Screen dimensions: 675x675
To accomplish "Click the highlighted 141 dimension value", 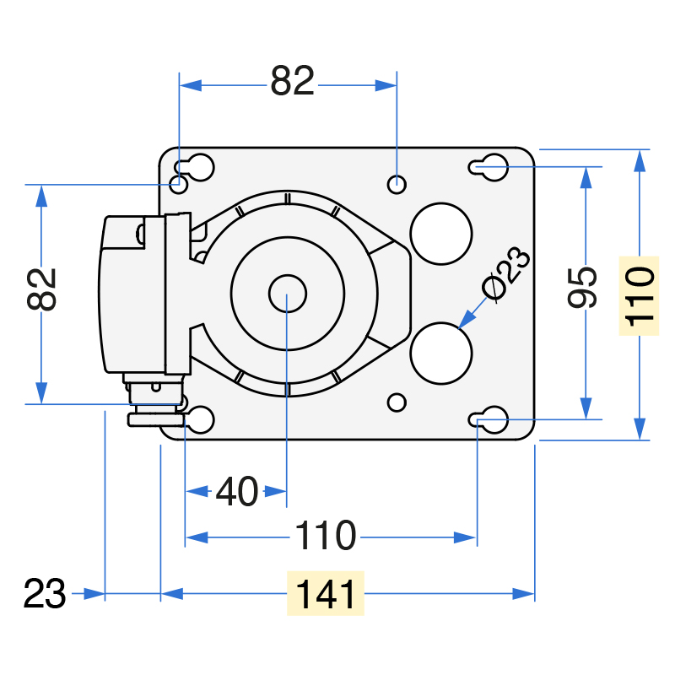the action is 326,594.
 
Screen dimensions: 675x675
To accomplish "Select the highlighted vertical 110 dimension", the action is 640,296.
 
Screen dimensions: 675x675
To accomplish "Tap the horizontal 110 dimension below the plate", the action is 326,535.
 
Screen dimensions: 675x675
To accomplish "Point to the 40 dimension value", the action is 237,491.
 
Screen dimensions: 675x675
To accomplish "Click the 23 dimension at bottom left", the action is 45,594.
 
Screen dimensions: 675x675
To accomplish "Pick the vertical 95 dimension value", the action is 582,288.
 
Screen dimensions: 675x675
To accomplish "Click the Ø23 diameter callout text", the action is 505,273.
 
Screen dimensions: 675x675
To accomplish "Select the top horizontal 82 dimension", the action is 292,80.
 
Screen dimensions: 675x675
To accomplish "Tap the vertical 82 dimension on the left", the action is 41,289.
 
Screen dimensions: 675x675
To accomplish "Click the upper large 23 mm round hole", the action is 441,234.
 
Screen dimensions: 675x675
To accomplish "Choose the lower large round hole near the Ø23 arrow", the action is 441,354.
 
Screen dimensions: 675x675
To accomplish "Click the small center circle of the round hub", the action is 288,294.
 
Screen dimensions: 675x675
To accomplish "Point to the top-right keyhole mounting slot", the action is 489,167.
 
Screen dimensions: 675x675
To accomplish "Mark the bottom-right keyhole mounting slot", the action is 489,419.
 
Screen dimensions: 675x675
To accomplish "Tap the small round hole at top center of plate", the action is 397,185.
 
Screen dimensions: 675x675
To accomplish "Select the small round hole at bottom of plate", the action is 397,403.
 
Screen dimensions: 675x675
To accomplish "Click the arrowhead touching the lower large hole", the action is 467,320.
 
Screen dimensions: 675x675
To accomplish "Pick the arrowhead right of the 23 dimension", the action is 94,594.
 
